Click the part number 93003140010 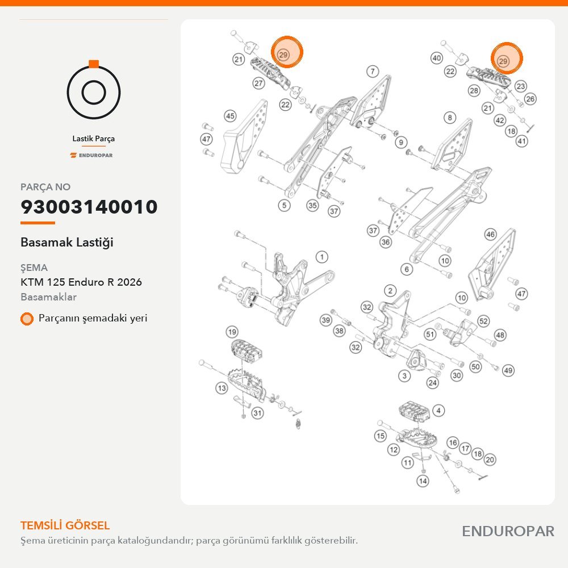[89, 207]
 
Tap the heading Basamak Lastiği [67, 243]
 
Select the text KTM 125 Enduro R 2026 [81, 282]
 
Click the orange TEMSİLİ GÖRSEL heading [65, 525]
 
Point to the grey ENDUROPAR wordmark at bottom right [508, 532]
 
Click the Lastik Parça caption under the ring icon [94, 139]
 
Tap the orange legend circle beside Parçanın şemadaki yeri [27, 319]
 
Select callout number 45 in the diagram [231, 116]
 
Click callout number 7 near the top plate [373, 72]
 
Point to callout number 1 [321, 257]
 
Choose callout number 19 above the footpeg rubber [232, 332]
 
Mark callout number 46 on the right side [490, 235]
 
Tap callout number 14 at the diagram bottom [423, 481]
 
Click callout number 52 [483, 321]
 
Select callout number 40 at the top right [436, 58]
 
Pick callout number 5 [284, 206]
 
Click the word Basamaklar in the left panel [48, 297]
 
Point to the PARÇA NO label [45, 187]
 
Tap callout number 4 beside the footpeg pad [438, 411]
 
